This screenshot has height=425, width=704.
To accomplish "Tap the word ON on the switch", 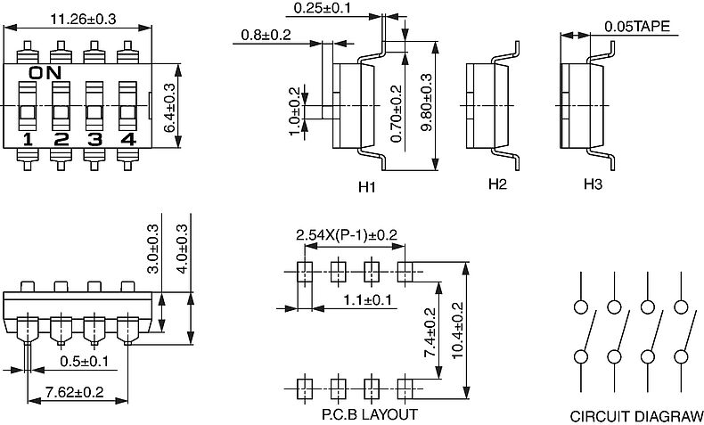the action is point(45,73).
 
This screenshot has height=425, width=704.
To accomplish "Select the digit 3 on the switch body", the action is point(94,140).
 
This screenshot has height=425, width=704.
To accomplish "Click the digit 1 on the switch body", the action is point(28,140).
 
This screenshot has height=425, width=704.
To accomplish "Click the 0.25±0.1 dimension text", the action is point(322,8).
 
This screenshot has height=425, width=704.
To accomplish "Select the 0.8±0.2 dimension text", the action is point(266,35).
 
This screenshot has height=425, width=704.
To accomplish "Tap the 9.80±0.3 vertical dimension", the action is point(426,102).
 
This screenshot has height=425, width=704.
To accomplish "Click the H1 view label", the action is point(367,187).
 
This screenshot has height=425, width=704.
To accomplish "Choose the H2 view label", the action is point(497,184).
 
